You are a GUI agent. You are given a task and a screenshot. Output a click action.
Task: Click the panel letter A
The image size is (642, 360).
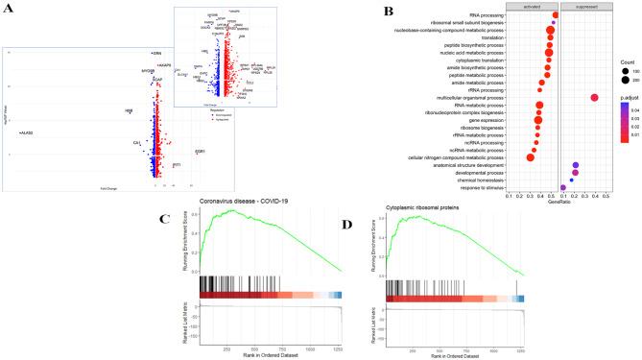click(x=9, y=10)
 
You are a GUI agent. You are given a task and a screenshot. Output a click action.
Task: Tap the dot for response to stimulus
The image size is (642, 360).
click(x=563, y=187)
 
